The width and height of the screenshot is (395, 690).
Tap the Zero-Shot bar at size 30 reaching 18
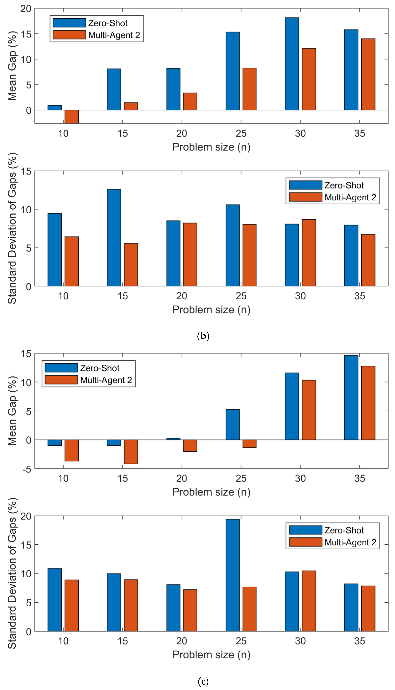[x=292, y=64]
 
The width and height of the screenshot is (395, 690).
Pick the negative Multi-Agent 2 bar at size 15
[x=131, y=452]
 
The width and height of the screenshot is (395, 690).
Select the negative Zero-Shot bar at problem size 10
[x=55, y=443]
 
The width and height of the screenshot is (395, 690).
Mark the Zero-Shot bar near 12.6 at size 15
[x=114, y=238]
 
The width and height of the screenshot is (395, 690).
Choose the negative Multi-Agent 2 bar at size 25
[x=249, y=444]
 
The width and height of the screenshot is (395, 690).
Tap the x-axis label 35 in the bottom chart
[x=359, y=641]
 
